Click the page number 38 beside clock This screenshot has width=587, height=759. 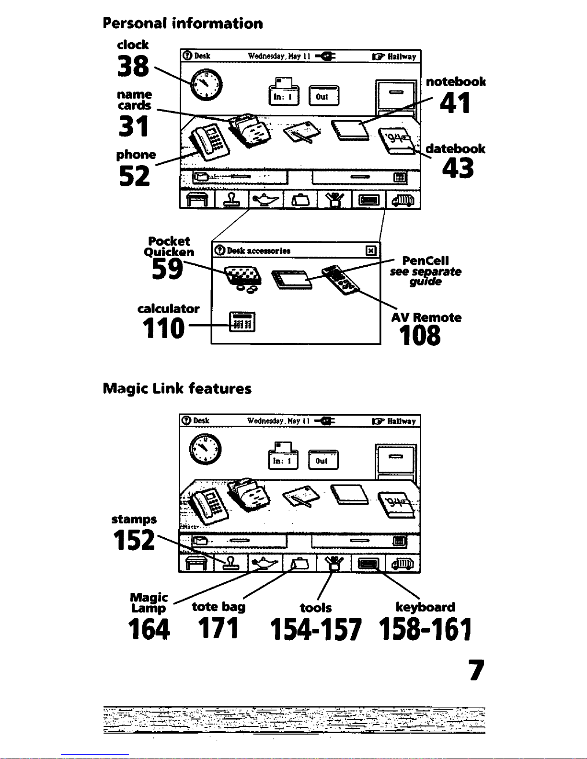133,66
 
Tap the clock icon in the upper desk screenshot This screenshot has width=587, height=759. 206,85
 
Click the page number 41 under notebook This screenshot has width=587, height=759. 455,102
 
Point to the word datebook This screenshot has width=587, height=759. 455,148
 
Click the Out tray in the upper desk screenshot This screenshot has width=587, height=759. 323,95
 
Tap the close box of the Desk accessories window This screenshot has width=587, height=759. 371,250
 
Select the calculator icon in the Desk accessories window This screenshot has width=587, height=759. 242,322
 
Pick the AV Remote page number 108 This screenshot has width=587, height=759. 420,335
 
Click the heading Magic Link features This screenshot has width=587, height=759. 177,389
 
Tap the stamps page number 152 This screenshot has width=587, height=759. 134,540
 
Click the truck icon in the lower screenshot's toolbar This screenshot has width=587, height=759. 403,564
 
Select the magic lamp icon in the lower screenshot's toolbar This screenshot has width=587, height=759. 265,563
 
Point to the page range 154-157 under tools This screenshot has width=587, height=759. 315,629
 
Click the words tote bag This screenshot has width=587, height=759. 219,607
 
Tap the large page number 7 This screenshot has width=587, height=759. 477,670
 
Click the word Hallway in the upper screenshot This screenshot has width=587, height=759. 402,57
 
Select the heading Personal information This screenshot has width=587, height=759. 183,23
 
